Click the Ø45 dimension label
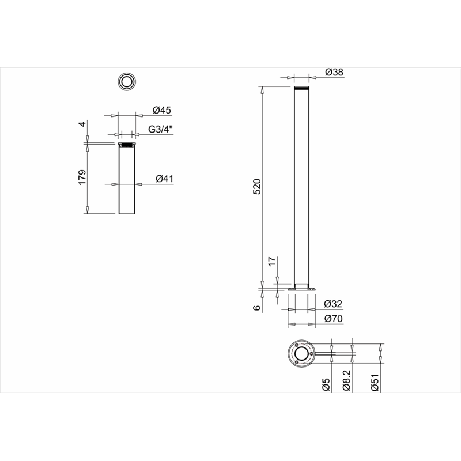pos(162,110)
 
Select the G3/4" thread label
pos(160,129)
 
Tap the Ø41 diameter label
pos(165,179)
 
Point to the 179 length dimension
pos(82,177)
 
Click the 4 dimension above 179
pos(83,124)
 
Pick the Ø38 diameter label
pos(334,72)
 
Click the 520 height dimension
pos(257,186)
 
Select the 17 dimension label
pos(273,262)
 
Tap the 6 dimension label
pos(257,308)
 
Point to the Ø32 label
pos(333,304)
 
